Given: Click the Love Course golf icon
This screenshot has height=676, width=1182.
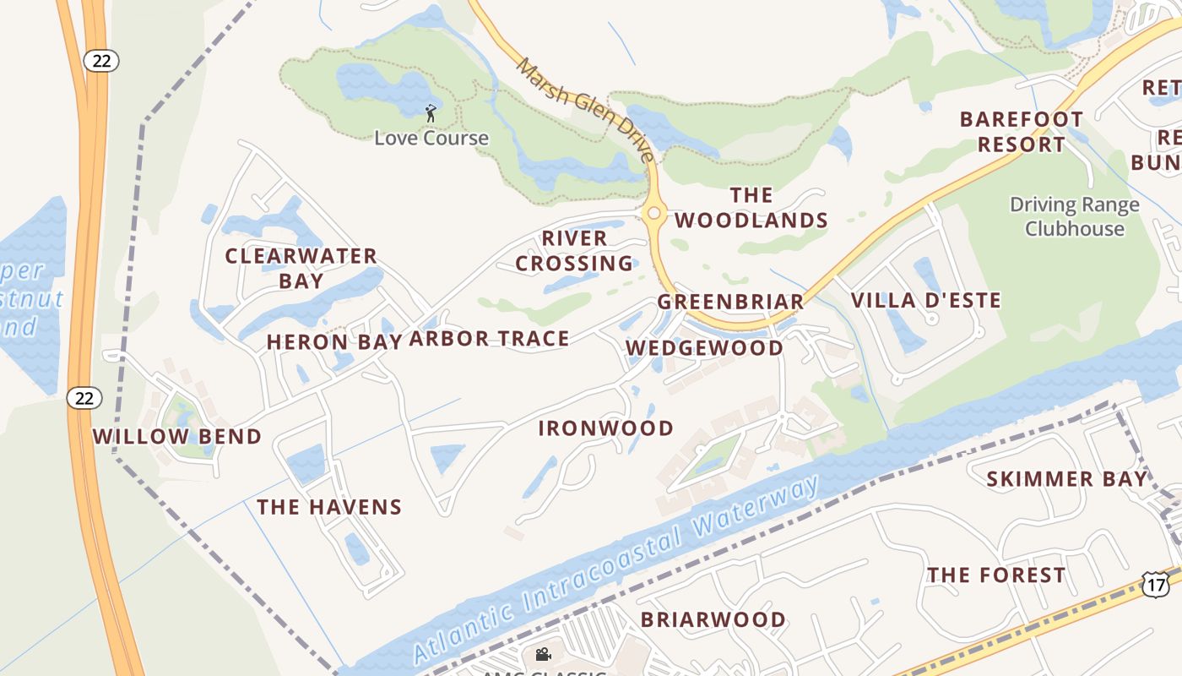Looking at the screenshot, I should point(431,112).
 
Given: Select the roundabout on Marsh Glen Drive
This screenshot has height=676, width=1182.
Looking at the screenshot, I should point(653,214).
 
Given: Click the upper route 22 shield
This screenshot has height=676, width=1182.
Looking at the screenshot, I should point(100,60).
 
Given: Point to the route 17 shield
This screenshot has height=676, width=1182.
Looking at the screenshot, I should point(1155,582).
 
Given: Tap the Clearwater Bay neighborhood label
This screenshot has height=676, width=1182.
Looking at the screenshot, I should point(301,268).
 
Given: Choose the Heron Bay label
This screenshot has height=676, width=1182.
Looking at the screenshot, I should point(333,342).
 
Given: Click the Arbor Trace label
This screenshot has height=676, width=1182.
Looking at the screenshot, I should point(489,339).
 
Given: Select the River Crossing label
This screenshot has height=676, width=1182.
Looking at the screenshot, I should point(574,251).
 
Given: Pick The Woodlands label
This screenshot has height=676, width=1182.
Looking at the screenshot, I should point(751,208).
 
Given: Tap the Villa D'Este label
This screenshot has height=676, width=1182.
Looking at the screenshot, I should point(925,300).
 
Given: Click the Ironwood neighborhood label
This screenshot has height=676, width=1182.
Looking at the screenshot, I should point(606,428).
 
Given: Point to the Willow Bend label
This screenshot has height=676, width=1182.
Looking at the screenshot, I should point(177,437).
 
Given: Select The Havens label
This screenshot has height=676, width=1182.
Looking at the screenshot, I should point(329,507).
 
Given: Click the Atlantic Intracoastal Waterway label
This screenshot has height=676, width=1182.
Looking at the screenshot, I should point(616,570).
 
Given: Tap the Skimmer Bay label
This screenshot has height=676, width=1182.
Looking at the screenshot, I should point(1067,479).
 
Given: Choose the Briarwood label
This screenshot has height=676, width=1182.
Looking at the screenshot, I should point(713,619).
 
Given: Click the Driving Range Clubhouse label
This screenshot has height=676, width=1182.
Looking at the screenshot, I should point(1074,216).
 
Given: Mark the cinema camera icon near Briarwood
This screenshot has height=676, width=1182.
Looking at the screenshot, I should point(543,654).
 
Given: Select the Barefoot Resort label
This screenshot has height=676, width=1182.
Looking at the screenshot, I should point(1021,132).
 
